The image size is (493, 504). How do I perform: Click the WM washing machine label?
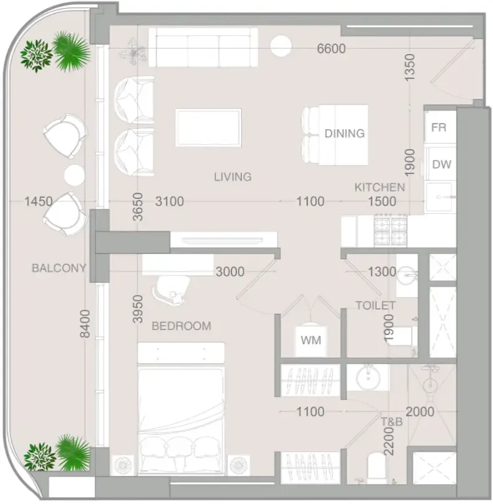pyautogui.click(x=311, y=340)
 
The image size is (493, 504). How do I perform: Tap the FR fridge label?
pyautogui.click(x=439, y=127)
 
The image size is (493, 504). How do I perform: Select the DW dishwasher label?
pyautogui.click(x=441, y=164)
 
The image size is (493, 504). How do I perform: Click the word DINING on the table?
pyautogui.click(x=345, y=134)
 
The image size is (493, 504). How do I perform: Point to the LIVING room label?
pyautogui.click(x=233, y=176)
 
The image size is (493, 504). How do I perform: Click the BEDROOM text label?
pyautogui.click(x=181, y=326)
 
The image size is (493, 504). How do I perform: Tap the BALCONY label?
pyautogui.click(x=59, y=268)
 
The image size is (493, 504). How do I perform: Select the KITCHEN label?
pyautogui.click(x=380, y=187)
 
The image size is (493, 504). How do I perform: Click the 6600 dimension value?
pyautogui.click(x=331, y=48)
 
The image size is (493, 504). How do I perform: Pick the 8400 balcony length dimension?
pyautogui.click(x=85, y=324)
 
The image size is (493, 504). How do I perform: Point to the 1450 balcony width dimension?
pyautogui.click(x=39, y=201)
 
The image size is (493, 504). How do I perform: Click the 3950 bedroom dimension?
pyautogui.click(x=138, y=309)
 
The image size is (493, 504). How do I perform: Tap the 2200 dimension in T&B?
pyautogui.click(x=389, y=441)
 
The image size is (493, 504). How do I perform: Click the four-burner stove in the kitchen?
pyautogui.click(x=390, y=231)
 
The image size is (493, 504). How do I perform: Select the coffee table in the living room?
pyautogui.click(x=209, y=127)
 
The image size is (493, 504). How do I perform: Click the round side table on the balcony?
pyautogui.click(x=74, y=175)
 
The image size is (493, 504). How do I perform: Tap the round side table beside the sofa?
pyautogui.click(x=281, y=45)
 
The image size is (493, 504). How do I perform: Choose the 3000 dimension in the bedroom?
pyautogui.click(x=230, y=272)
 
